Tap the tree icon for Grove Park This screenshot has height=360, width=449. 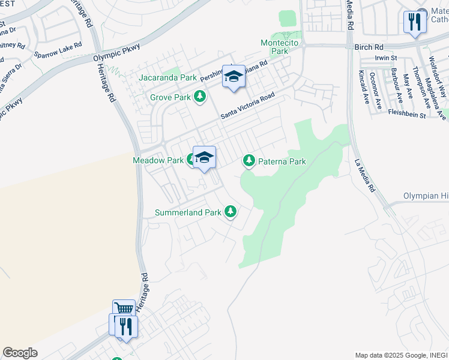pyautogui.click(x=200, y=97)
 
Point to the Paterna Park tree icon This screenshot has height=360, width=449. pyautogui.click(x=249, y=161)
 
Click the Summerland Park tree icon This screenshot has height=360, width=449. pyautogui.click(x=230, y=212)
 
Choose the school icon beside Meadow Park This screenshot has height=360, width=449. pyautogui.click(x=204, y=158)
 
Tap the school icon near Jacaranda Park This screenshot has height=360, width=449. pyautogui.click(x=234, y=76)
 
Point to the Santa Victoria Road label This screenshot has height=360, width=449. pyautogui.click(x=247, y=106)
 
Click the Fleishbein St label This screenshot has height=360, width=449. pyautogui.click(x=406, y=113)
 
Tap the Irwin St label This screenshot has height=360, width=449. pyautogui.click(x=386, y=58)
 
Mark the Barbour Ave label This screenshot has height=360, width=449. pyautogui.click(x=394, y=86)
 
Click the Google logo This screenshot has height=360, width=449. pyautogui.click(x=20, y=353)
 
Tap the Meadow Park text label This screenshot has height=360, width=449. pyautogui.click(x=158, y=160)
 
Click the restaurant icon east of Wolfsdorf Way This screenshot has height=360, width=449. pyautogui.click(x=414, y=22)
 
